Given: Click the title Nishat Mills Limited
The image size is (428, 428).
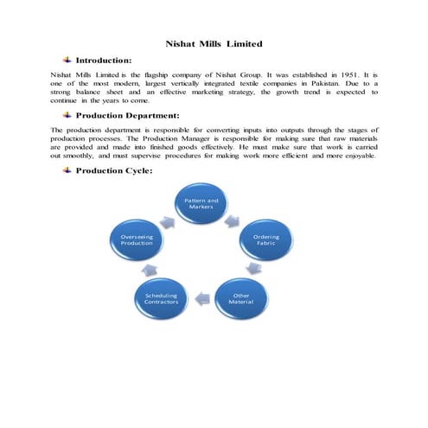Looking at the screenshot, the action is (x=214, y=42).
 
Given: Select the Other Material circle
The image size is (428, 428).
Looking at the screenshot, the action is (x=241, y=299).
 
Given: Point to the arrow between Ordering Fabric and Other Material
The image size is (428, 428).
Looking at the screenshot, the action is (x=268, y=272).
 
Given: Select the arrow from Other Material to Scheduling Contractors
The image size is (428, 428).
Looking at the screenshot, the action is (x=201, y=299).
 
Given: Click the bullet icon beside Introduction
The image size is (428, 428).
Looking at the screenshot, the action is (x=67, y=61).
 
